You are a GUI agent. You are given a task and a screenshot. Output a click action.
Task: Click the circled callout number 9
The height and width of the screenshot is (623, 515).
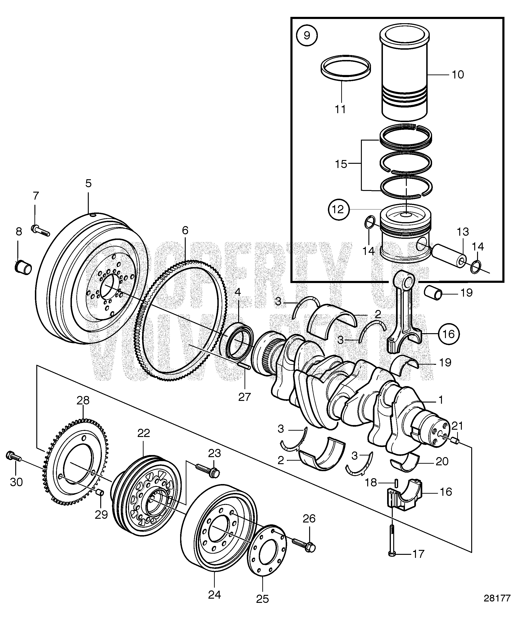(307, 36)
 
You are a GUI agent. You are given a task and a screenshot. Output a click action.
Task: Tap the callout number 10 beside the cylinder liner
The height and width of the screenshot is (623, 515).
(458, 75)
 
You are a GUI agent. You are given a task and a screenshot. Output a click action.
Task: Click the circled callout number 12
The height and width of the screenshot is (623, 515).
(338, 209)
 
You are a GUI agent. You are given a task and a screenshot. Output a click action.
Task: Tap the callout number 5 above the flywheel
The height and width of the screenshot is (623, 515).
(88, 183)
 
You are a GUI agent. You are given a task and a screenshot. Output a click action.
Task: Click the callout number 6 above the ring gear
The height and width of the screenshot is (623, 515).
(185, 230)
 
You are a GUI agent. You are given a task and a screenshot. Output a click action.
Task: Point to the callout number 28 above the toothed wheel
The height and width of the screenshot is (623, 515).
(83, 400)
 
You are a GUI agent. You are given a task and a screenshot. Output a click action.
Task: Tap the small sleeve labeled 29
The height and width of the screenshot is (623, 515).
(100, 493)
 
